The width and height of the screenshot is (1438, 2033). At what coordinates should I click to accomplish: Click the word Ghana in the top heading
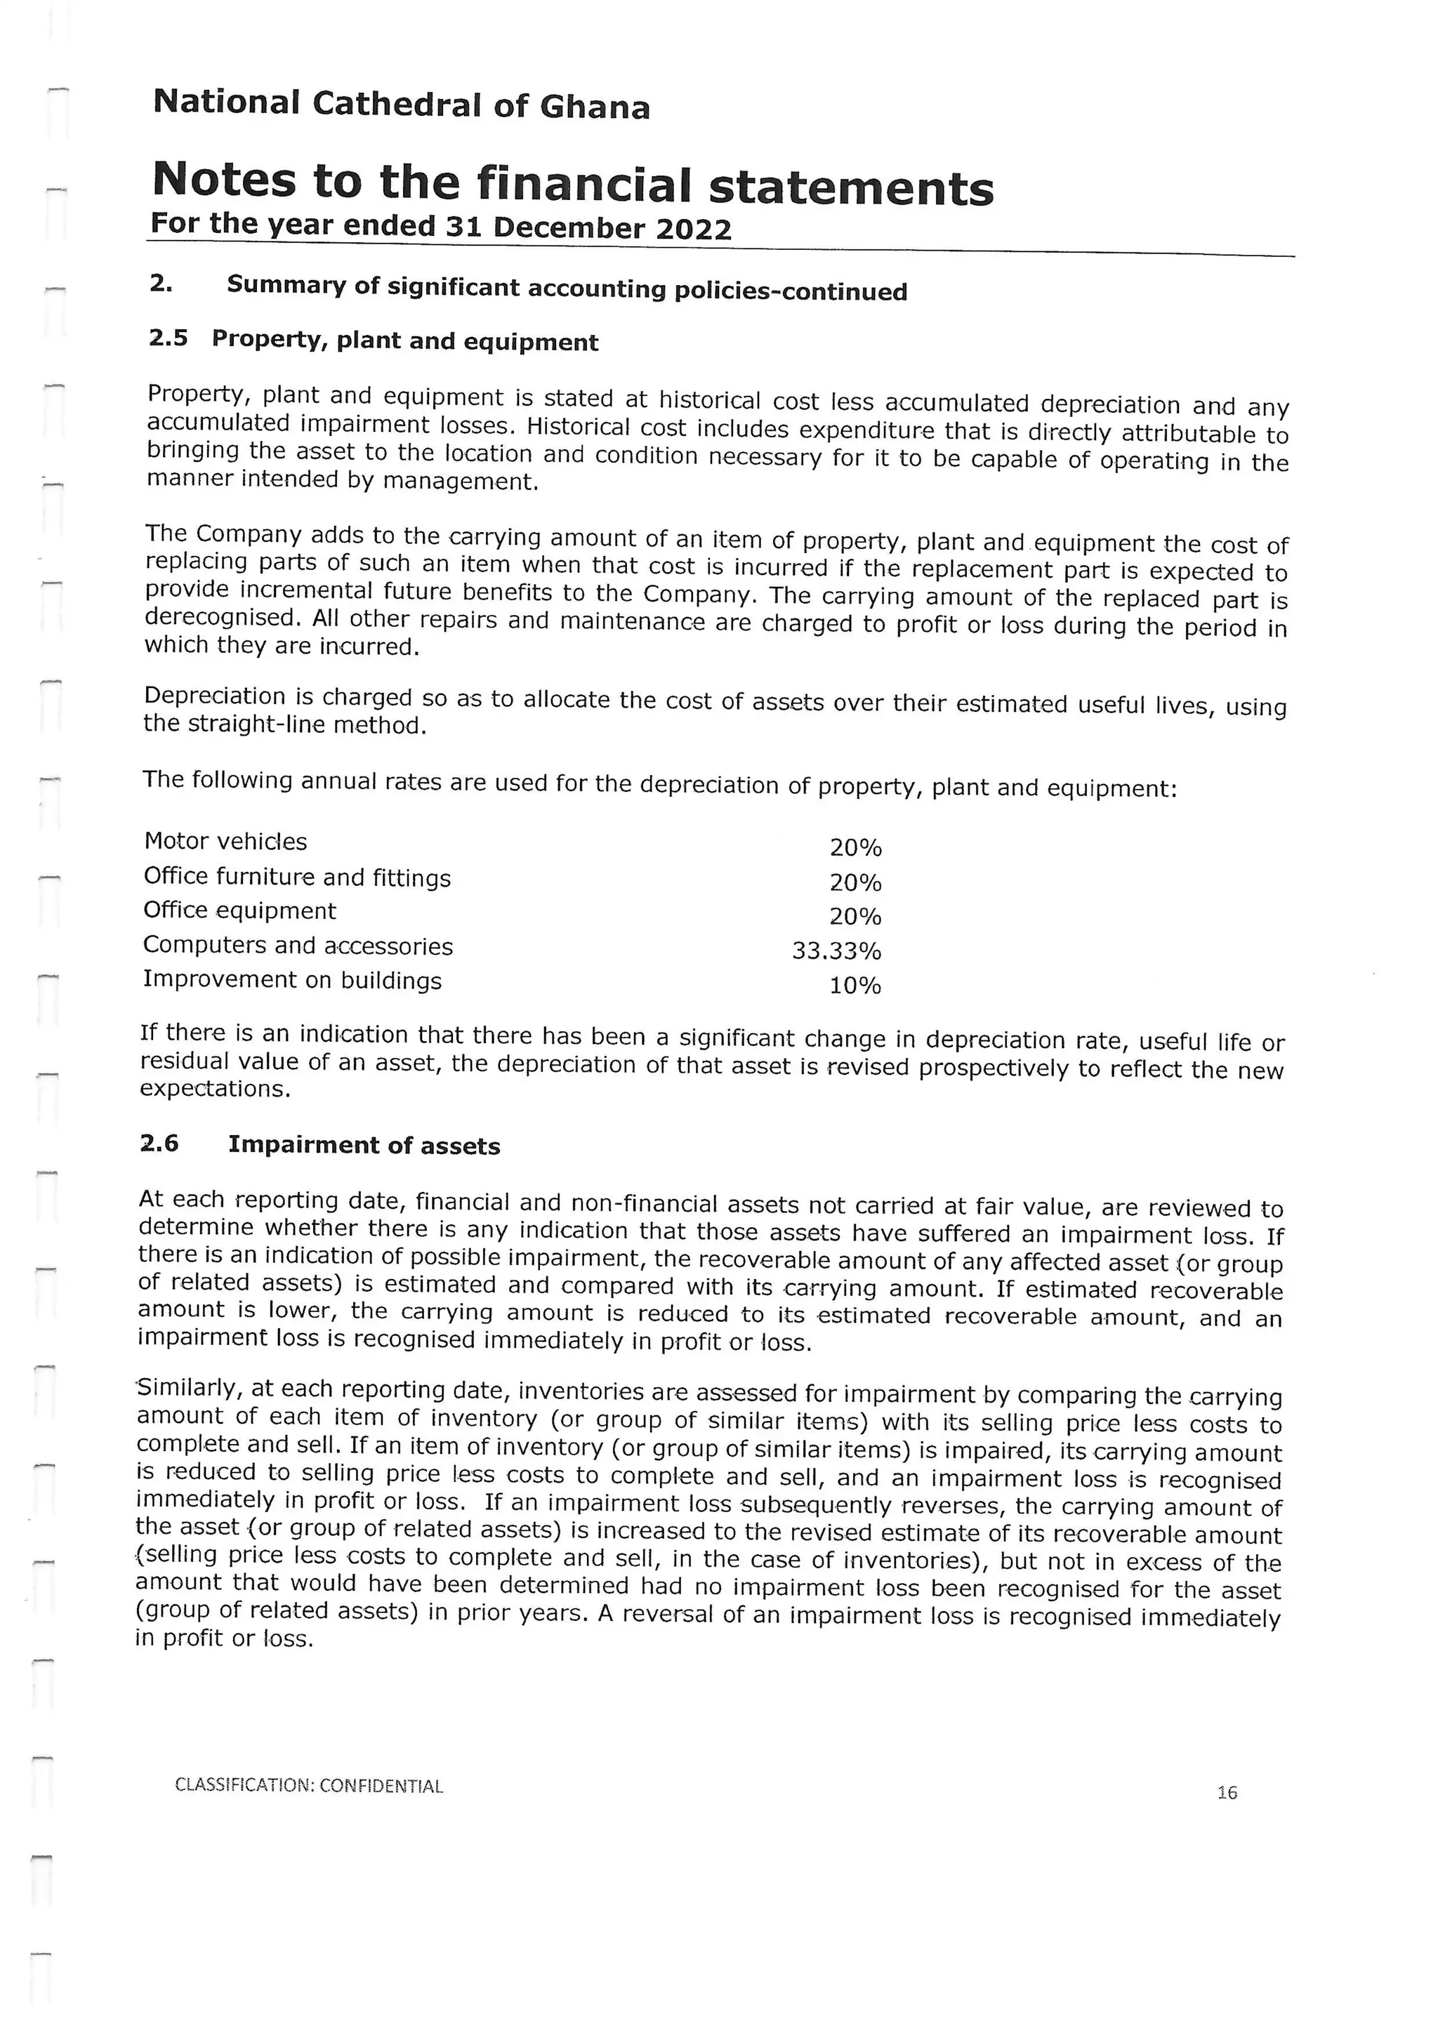[x=594, y=108]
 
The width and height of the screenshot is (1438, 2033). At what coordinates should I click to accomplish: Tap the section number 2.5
[x=169, y=338]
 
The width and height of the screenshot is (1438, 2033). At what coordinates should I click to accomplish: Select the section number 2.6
[x=159, y=1143]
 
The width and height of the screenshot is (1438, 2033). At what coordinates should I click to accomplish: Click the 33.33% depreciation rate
[x=836, y=952]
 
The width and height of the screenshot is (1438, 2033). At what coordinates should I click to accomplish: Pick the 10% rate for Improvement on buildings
[x=855, y=986]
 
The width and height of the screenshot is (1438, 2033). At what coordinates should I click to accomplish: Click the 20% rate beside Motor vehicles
[x=855, y=848]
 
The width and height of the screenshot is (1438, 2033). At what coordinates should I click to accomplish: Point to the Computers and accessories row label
[x=298, y=946]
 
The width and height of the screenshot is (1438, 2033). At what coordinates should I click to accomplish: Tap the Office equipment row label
[x=239, y=910]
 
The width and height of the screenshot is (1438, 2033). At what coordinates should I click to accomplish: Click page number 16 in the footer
[x=1227, y=1793]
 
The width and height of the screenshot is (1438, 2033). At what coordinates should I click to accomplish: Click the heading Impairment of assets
[x=364, y=1146]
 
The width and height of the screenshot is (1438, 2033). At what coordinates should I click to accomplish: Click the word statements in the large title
[x=850, y=187]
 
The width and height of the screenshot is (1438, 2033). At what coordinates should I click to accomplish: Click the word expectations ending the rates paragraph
[x=215, y=1088]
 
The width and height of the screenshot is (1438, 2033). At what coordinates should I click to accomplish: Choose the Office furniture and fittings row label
[x=296, y=877]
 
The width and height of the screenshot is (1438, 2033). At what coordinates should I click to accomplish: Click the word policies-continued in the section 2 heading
[x=791, y=291]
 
